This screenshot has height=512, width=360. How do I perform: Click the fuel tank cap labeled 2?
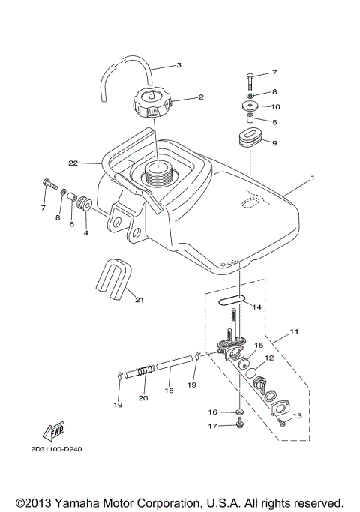152,103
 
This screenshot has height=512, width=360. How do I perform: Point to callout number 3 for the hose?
178,66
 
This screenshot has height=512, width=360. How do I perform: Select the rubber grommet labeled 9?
250,140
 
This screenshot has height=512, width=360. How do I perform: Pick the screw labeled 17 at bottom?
238,424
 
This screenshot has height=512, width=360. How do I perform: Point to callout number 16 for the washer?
213,412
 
